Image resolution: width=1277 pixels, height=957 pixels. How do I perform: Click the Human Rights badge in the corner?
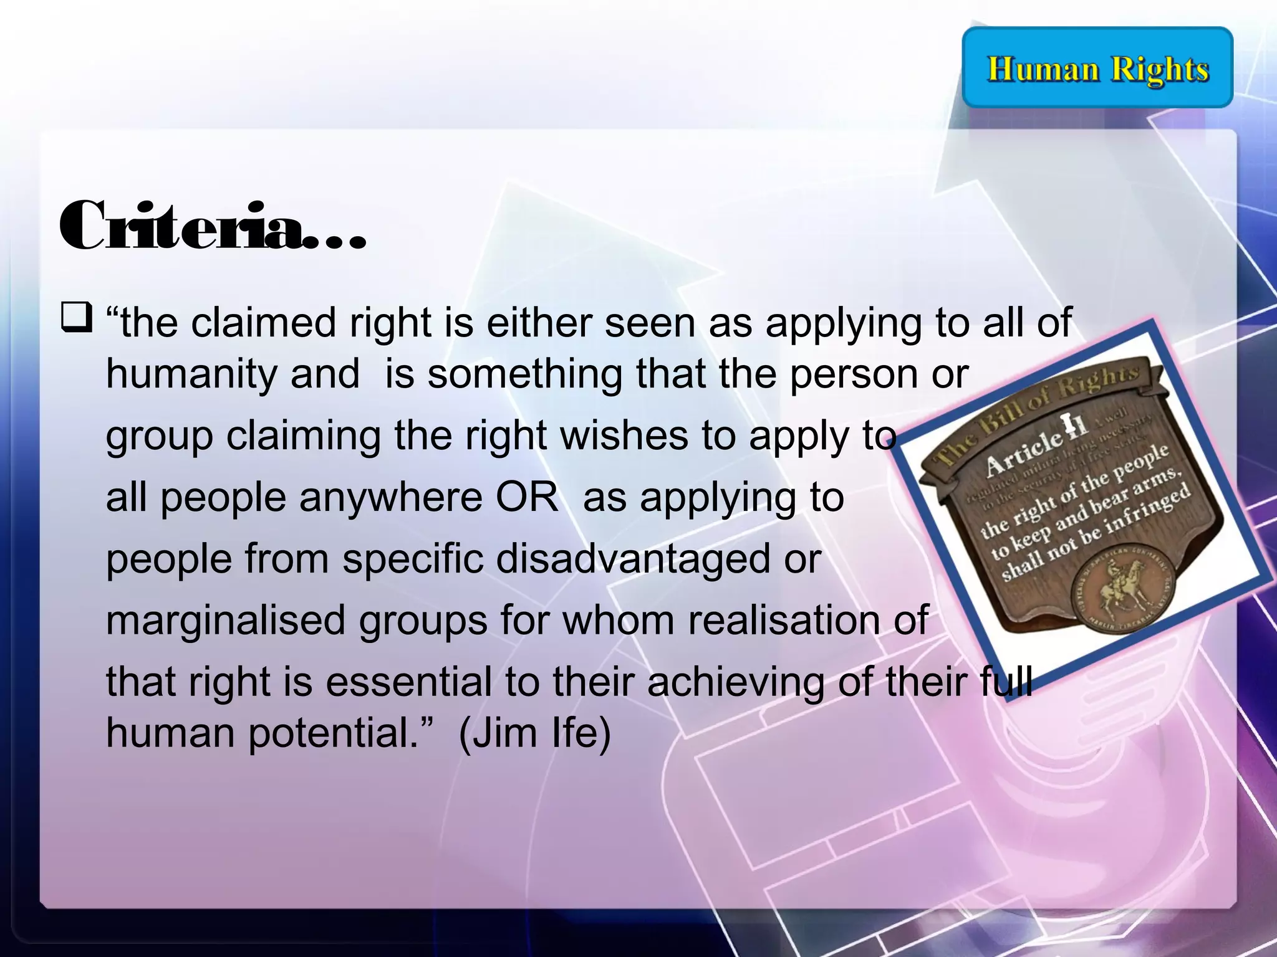pos(1097,67)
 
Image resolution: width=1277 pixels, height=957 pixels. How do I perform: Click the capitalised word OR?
pos(527,497)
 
